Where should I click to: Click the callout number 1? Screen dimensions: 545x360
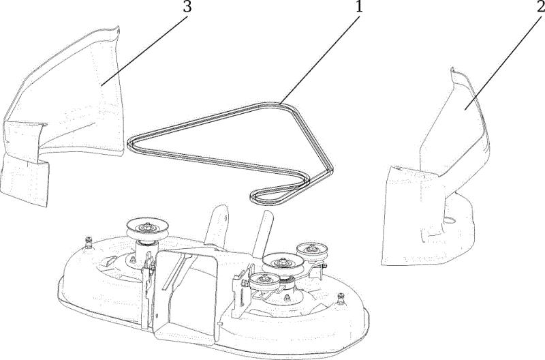359,6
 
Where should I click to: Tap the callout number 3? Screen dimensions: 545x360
187,6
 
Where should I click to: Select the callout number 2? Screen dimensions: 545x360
540,6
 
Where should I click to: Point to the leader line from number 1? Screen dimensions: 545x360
320,59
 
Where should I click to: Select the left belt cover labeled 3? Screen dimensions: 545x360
63,115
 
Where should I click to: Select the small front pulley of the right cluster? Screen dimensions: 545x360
264,280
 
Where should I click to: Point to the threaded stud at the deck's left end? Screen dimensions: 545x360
89,241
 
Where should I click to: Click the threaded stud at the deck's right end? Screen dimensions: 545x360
340,299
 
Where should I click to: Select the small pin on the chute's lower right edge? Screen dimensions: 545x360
219,323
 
